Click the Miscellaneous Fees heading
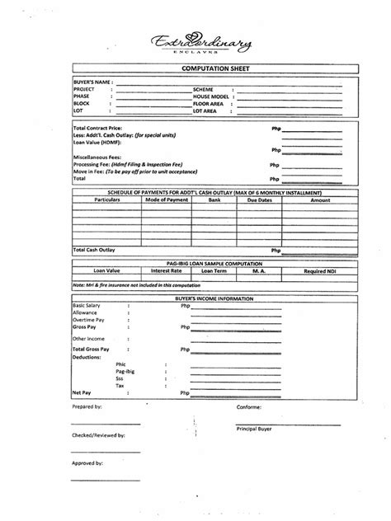96,157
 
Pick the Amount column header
321,199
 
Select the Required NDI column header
321,270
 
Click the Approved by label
87,463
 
